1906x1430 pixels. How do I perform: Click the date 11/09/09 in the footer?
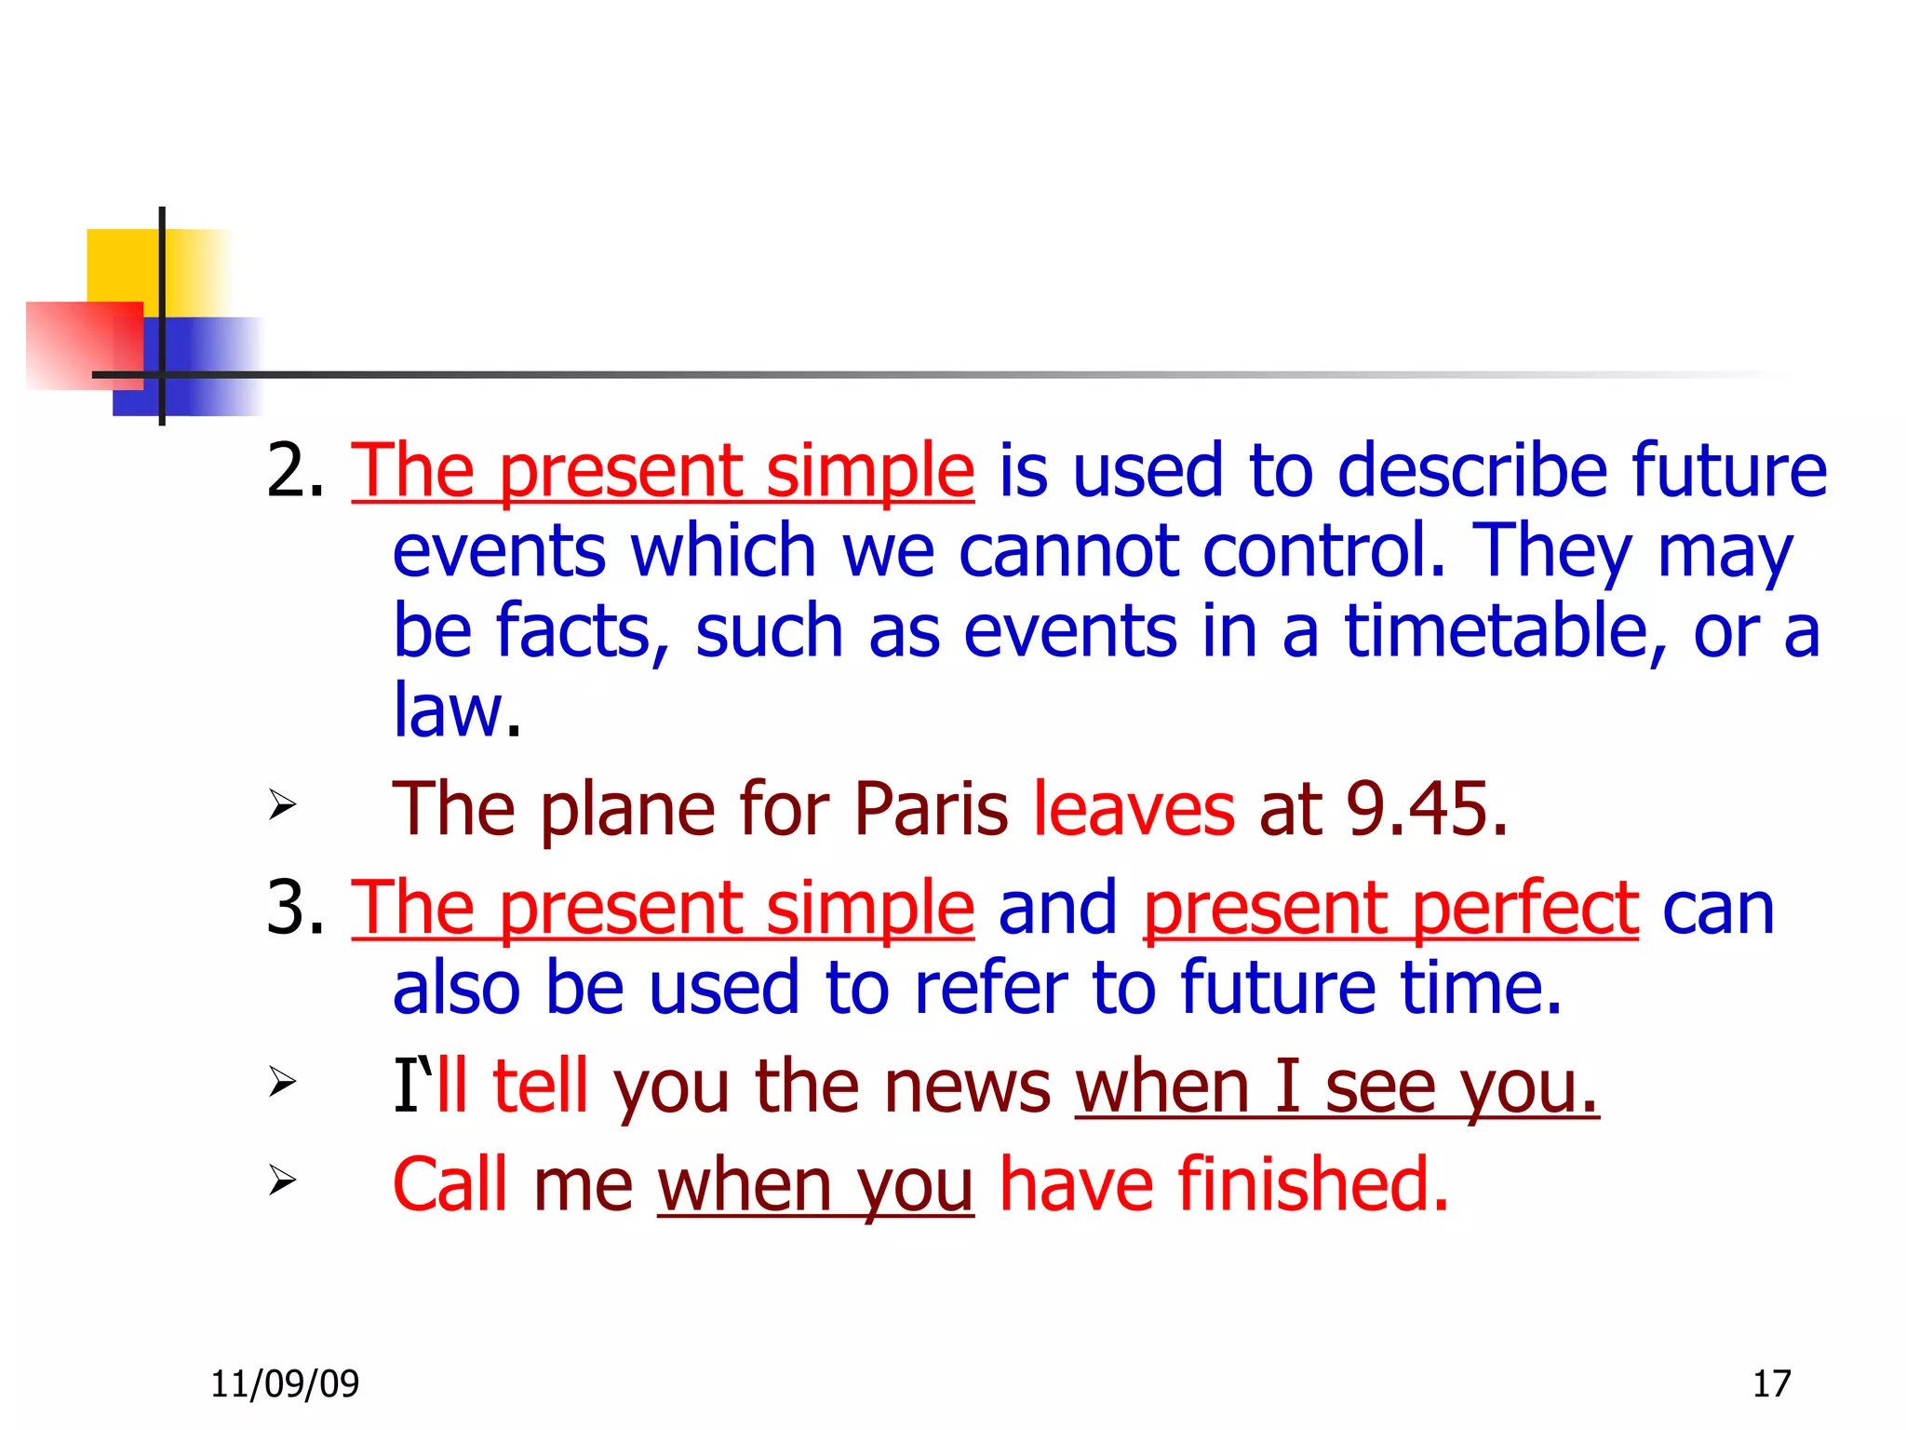click(285, 1384)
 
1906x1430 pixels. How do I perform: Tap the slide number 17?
click(1771, 1384)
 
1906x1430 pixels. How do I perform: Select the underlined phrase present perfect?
click(1390, 909)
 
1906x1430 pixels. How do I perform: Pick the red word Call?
click(450, 1185)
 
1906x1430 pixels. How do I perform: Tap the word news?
click(967, 1086)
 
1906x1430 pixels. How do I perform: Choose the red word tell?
click(540, 1086)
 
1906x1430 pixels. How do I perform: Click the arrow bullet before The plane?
click(282, 804)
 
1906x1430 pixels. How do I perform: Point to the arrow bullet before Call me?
click(282, 1180)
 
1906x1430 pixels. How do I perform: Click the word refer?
click(991, 988)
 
